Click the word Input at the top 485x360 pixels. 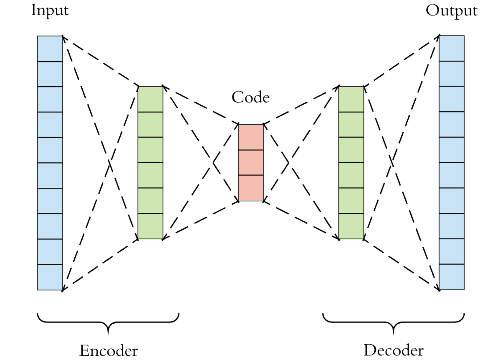click(50, 11)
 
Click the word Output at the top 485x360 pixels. click(451, 11)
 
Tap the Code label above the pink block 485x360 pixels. click(250, 97)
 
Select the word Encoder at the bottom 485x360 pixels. click(109, 351)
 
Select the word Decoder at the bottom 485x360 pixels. click(394, 351)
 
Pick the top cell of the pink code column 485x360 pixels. click(251, 137)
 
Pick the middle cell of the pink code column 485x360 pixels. click(251, 162)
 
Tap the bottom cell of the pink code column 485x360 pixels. click(251, 188)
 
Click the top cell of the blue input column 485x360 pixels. click(50, 49)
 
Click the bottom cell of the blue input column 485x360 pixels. click(50, 277)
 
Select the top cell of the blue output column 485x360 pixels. click(452, 48)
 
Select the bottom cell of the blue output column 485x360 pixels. click(452, 277)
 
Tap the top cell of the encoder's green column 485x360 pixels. click(150, 99)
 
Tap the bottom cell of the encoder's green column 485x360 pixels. click(150, 226)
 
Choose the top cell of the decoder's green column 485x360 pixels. click(351, 99)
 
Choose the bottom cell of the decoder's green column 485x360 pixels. click(351, 226)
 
